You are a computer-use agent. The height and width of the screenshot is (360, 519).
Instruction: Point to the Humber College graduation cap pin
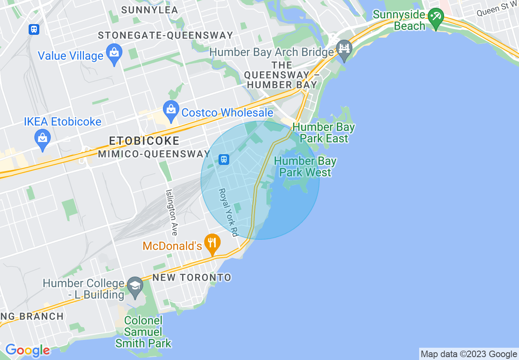[x=135, y=287]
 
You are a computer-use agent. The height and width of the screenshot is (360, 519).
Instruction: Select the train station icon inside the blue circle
[x=223, y=159]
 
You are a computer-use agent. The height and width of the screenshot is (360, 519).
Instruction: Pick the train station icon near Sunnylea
[x=34, y=29]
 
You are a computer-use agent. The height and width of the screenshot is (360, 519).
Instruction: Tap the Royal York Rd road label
[x=228, y=212]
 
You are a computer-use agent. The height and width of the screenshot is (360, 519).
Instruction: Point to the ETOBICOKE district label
[x=144, y=141]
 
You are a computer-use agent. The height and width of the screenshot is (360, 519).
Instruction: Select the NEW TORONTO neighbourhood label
[x=192, y=278]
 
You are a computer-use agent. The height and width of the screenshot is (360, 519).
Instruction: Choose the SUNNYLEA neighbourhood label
[x=150, y=10]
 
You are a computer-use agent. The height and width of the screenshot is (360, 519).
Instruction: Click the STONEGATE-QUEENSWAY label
[x=165, y=36]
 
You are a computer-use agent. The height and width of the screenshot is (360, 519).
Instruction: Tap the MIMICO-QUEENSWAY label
[x=154, y=154]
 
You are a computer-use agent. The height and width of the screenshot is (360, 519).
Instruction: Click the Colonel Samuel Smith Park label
[x=144, y=332]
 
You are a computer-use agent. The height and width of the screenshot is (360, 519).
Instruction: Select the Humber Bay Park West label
[x=305, y=167]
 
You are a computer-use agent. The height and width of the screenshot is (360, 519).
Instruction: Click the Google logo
[x=27, y=350]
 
